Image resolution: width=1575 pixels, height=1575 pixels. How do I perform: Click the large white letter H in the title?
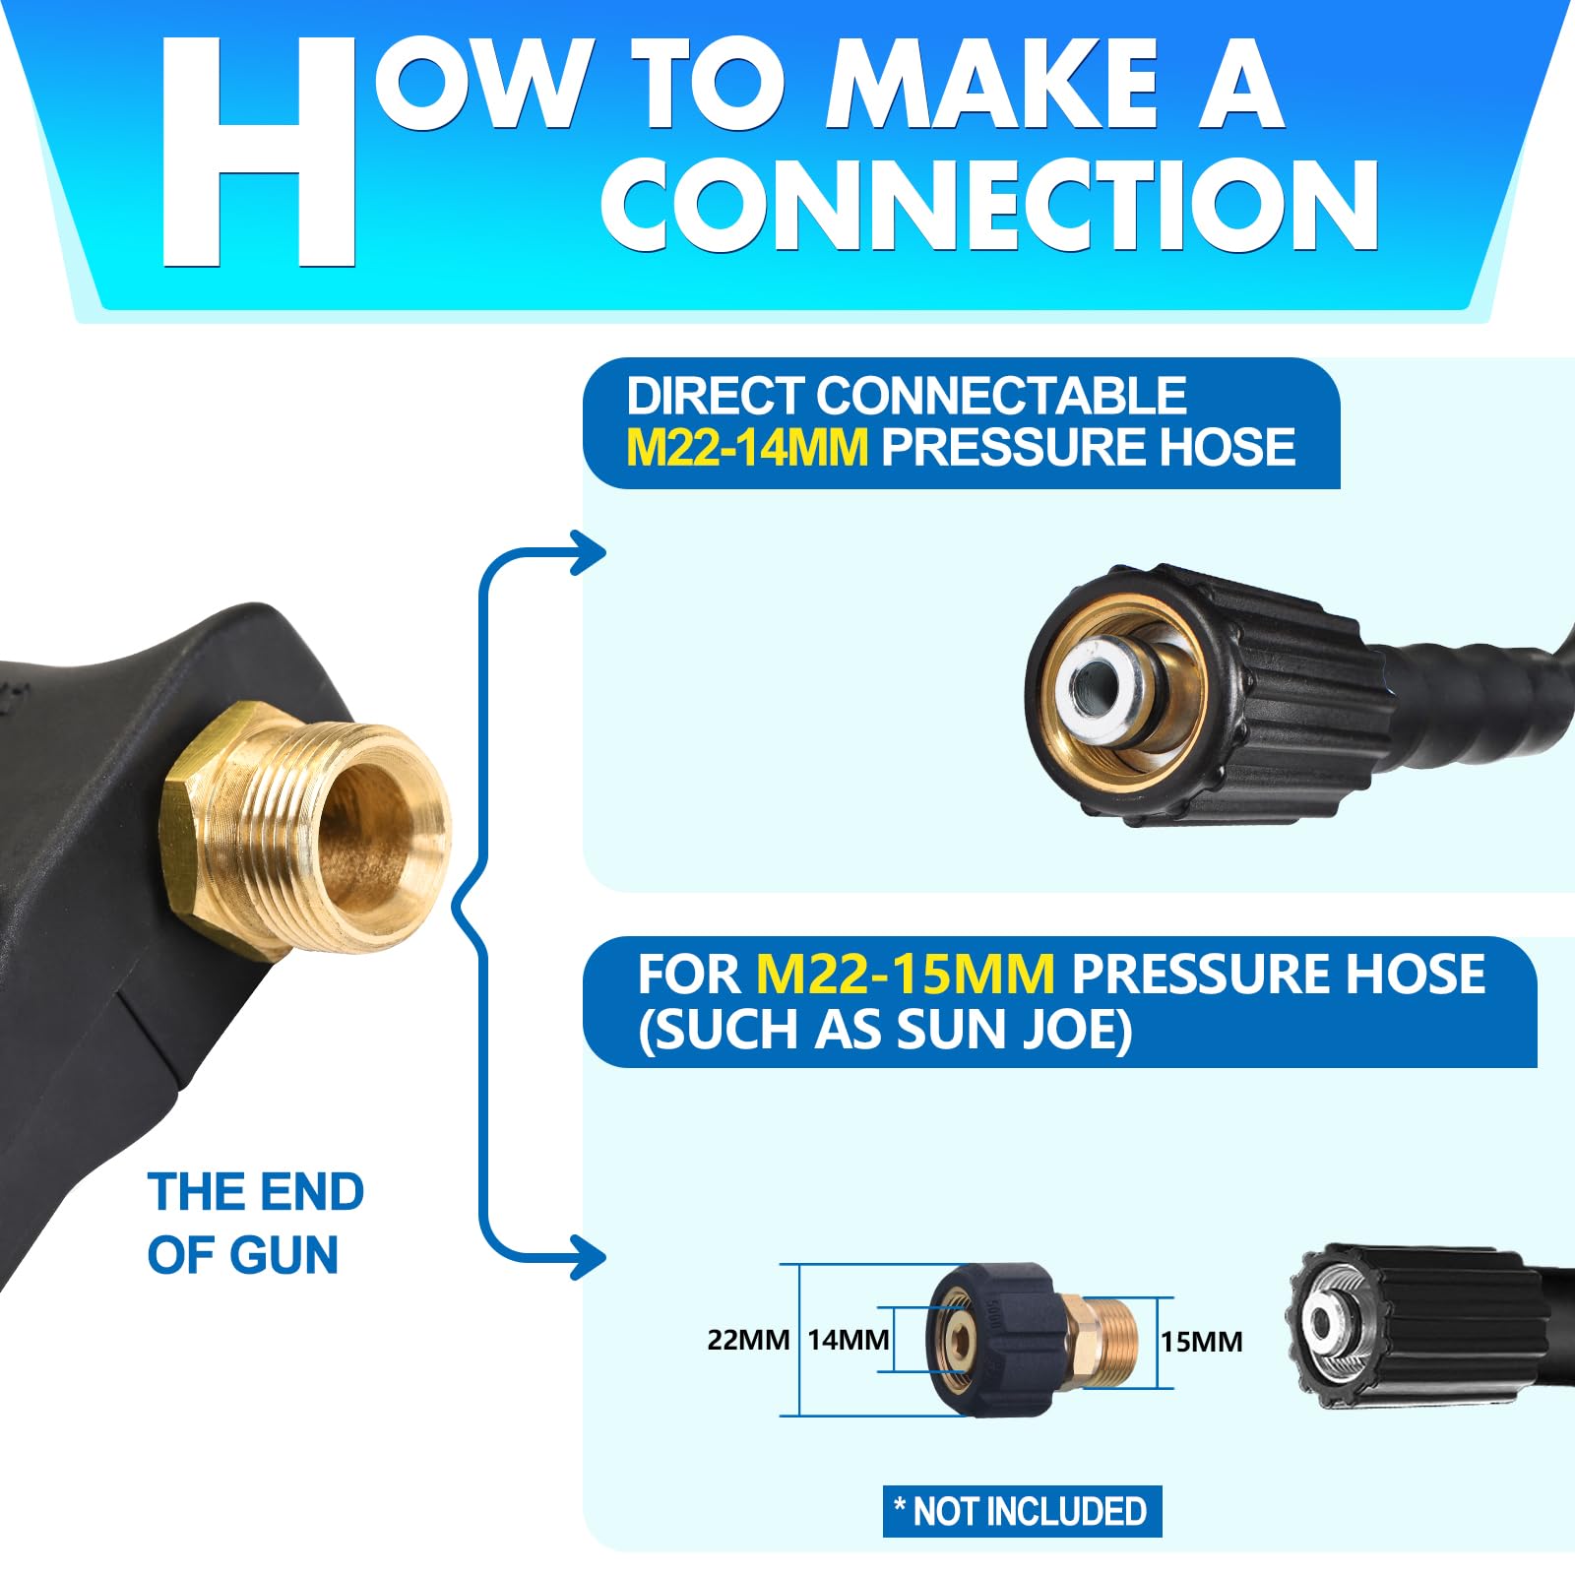(258, 153)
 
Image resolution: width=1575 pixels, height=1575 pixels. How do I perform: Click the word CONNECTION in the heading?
(990, 204)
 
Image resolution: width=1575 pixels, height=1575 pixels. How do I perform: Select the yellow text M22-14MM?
(747, 447)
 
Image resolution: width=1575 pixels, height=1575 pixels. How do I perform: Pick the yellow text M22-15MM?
(905, 975)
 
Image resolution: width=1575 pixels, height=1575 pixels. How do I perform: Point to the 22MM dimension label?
(748, 1340)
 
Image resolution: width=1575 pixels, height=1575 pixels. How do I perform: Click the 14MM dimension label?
(849, 1340)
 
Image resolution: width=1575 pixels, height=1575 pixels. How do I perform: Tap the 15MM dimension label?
(1201, 1342)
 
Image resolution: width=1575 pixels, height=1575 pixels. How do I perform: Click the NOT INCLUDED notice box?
(1022, 1511)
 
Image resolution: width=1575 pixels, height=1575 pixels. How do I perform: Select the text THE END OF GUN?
(256, 1223)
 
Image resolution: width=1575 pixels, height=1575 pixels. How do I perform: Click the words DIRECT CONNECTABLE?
(907, 396)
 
